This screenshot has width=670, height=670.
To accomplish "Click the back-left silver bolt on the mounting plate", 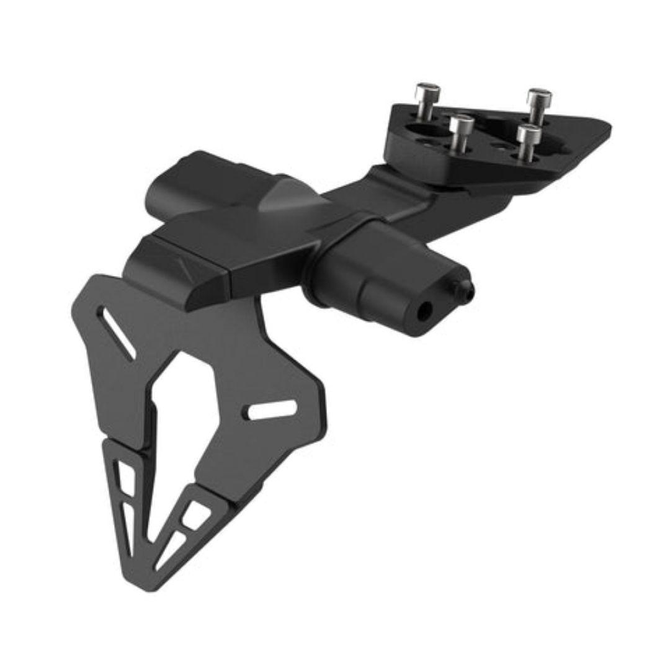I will click(x=427, y=93).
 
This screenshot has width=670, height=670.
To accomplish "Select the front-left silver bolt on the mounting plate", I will click(x=462, y=126).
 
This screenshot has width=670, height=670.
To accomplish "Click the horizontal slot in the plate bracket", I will click(x=272, y=409).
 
